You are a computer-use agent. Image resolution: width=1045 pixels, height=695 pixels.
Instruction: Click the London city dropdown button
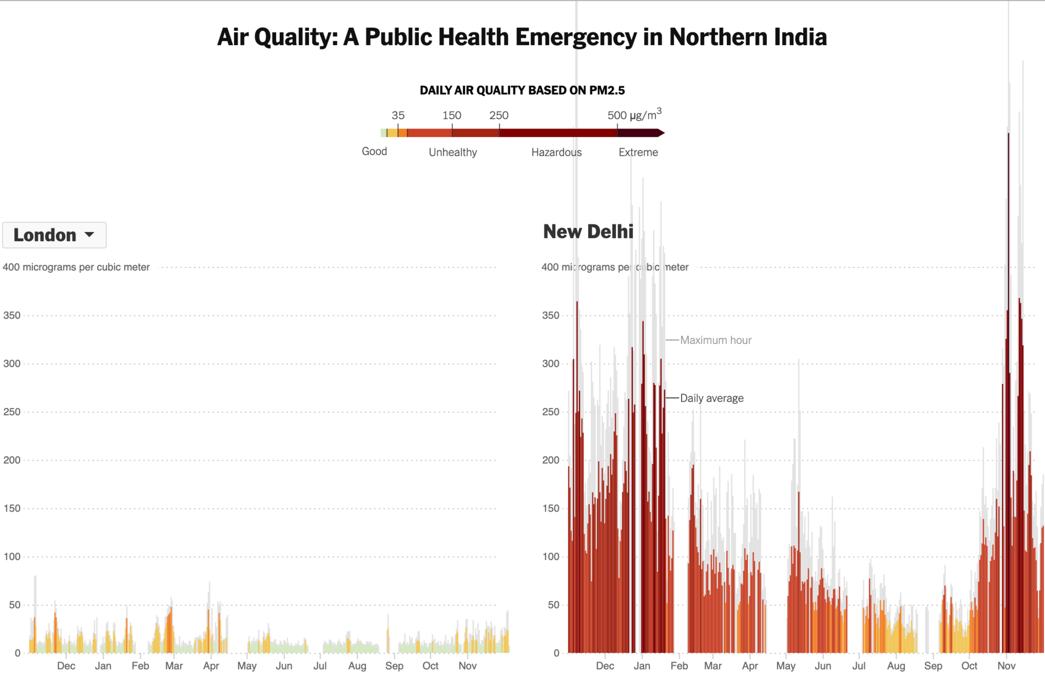(x=54, y=235)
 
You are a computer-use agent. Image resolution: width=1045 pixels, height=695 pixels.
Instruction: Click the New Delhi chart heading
(x=588, y=232)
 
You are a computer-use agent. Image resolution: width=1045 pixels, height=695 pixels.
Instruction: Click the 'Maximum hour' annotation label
(x=715, y=340)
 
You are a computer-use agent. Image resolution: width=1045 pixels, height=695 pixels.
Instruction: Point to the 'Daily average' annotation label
(x=712, y=398)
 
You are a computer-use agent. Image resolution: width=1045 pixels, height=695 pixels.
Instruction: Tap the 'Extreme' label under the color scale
(x=638, y=152)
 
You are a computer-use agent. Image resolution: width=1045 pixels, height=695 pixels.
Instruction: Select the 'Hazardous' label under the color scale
(x=556, y=152)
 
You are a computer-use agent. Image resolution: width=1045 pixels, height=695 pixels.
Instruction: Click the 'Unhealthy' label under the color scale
(x=453, y=152)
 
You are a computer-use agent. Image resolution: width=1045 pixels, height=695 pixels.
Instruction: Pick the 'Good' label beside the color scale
(x=374, y=152)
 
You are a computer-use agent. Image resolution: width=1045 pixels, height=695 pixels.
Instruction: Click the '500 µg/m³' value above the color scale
(x=634, y=115)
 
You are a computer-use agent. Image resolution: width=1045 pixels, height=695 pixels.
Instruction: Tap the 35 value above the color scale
(x=398, y=115)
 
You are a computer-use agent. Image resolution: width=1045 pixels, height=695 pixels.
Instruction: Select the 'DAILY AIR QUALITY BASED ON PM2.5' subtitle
(x=522, y=90)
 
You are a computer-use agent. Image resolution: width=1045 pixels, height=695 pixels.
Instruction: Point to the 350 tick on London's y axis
(x=12, y=315)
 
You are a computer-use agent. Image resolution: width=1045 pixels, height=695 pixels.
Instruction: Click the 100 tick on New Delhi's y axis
(x=551, y=557)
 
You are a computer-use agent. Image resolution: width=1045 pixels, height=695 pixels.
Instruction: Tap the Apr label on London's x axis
(x=211, y=666)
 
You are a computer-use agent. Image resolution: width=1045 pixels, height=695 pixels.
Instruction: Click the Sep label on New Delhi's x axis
(x=933, y=666)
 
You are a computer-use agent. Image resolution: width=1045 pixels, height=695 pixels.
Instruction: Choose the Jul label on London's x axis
(x=320, y=666)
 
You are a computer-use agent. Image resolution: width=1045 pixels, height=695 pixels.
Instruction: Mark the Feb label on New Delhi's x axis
(x=679, y=666)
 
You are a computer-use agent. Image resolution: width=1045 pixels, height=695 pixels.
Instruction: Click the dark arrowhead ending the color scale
(x=661, y=133)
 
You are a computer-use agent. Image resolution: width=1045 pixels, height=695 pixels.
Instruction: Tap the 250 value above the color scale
(x=499, y=115)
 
